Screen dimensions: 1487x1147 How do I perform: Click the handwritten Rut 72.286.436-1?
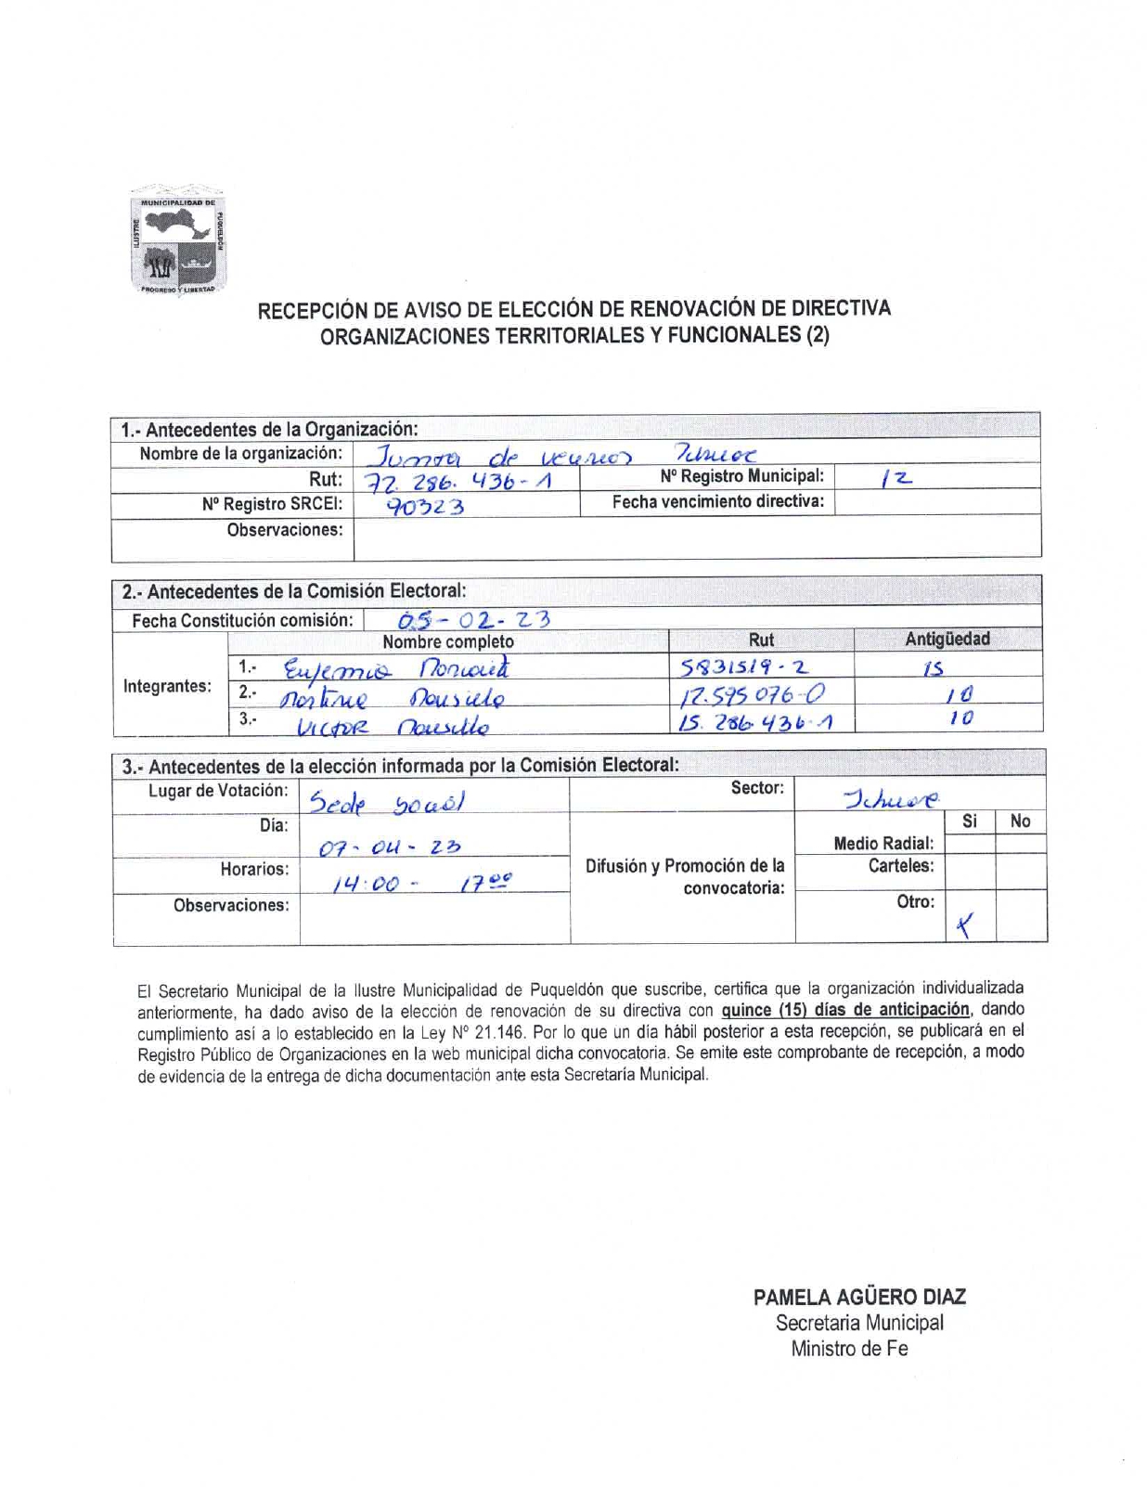[x=458, y=482]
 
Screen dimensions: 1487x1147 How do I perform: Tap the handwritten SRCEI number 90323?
[x=425, y=507]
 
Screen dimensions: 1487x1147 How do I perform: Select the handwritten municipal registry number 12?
[x=897, y=479]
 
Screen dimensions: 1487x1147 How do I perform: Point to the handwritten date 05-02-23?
[x=473, y=619]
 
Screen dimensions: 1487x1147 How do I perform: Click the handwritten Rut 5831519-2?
[x=744, y=666]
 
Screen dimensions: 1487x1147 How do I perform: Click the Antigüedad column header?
[x=947, y=639]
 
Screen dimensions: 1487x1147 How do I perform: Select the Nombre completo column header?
[x=448, y=641]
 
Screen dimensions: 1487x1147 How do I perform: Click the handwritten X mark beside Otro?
[x=965, y=925]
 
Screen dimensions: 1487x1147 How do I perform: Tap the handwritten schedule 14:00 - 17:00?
[x=421, y=883]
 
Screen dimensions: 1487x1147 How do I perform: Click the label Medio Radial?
[x=883, y=843]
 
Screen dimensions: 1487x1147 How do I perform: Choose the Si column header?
[x=970, y=821]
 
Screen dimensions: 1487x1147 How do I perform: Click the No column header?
[x=1021, y=821]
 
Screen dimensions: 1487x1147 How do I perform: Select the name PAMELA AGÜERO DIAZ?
[x=859, y=1297]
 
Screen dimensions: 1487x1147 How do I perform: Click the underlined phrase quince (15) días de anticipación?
[x=845, y=1009]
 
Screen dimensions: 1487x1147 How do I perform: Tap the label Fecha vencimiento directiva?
[x=717, y=502]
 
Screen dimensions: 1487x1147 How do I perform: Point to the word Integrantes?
[x=167, y=686]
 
